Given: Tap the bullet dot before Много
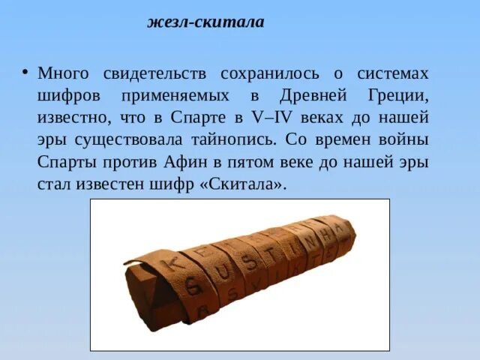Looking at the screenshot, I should (x=24, y=73).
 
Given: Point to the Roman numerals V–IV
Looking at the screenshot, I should (x=265, y=118).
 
